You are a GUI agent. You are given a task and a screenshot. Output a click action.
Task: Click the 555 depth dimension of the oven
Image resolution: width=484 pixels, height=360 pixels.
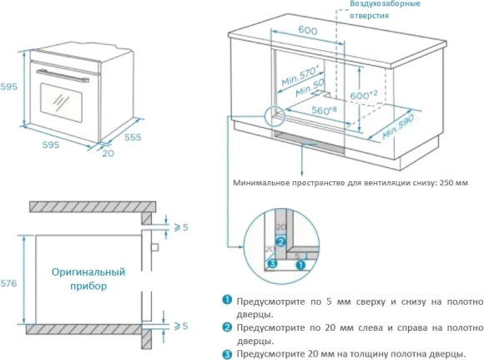[x=132, y=136]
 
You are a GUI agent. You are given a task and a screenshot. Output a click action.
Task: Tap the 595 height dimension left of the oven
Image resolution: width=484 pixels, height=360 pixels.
[x=8, y=86]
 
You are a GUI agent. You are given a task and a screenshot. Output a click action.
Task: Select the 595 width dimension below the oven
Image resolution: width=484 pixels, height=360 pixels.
[x=50, y=145]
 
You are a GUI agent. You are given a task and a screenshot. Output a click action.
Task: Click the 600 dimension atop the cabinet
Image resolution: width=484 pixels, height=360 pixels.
[x=307, y=30]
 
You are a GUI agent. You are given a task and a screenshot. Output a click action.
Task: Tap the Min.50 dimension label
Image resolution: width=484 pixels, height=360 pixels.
[x=309, y=89]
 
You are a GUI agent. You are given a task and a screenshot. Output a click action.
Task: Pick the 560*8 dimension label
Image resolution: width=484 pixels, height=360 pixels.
[x=324, y=109]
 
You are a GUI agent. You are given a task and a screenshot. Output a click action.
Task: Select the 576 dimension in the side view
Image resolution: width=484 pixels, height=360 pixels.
[x=9, y=283]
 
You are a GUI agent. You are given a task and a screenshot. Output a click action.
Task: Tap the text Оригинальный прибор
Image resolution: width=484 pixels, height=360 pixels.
[x=88, y=278]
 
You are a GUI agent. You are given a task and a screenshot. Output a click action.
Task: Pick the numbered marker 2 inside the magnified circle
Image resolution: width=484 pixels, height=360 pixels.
[x=281, y=242]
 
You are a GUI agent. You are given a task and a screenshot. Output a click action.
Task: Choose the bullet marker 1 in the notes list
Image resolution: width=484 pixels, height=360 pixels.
[x=226, y=301]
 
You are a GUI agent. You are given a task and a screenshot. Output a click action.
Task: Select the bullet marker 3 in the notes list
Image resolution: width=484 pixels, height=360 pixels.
[x=226, y=354]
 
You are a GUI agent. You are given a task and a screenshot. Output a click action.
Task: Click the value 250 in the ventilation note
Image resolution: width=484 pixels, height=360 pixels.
[x=435, y=183]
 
